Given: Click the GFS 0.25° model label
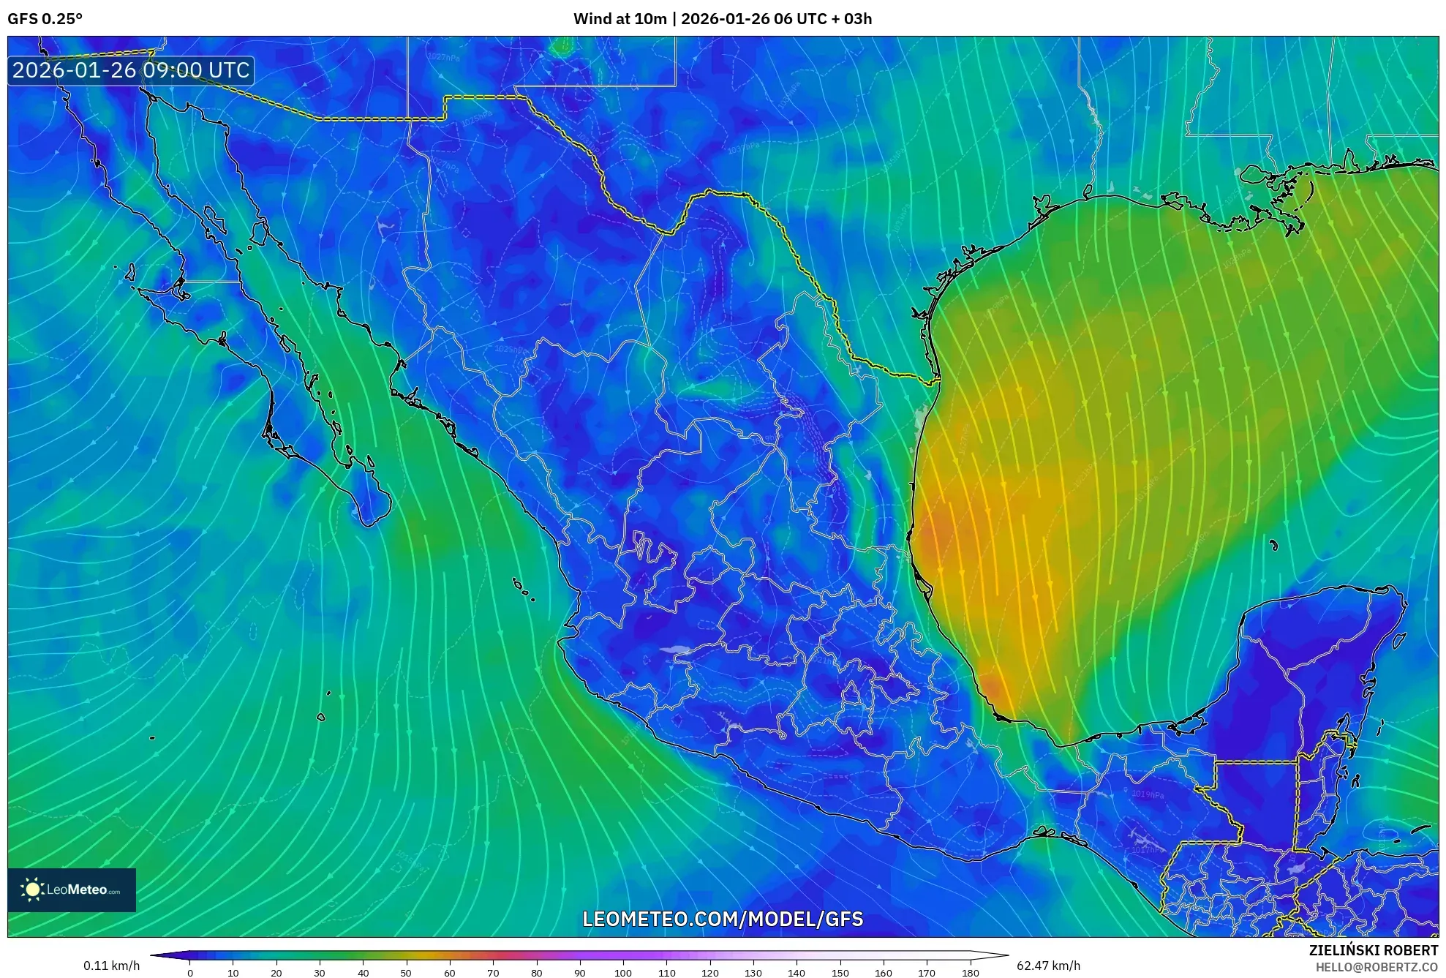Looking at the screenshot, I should [x=45, y=19].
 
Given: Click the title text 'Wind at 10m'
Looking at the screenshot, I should [x=620, y=19].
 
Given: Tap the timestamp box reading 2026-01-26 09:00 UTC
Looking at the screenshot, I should [x=131, y=71].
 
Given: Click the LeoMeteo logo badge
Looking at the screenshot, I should [x=72, y=889].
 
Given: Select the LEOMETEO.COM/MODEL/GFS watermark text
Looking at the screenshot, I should [x=723, y=919].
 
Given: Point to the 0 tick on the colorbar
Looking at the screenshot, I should [x=190, y=973].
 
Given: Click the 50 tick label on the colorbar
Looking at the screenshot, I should [x=406, y=973].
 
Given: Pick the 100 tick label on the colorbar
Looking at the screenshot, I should [x=622, y=973].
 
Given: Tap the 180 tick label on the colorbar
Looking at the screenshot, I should [x=970, y=973].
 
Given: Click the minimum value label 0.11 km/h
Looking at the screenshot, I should [x=111, y=966].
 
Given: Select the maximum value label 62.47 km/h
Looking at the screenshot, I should [x=1048, y=966].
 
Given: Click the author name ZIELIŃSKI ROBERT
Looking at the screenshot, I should [x=1374, y=950].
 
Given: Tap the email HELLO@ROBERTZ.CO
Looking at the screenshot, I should [x=1377, y=967].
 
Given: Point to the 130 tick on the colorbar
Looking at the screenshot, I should [x=753, y=973].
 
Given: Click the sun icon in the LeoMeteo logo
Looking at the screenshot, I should [x=32, y=889].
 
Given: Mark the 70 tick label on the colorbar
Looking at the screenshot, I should [x=493, y=973].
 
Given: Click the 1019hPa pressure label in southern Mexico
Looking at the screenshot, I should [x=1147, y=794].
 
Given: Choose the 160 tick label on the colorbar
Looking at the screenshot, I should [x=883, y=973].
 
